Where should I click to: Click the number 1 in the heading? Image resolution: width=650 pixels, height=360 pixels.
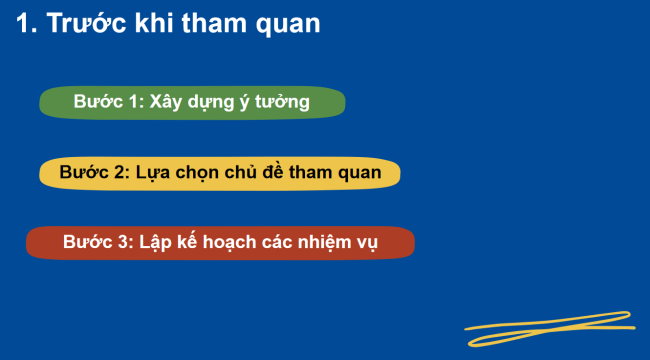point(24,25)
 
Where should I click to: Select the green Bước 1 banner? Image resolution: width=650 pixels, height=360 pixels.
point(192,102)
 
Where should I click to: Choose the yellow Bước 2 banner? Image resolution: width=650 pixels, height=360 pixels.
point(220,173)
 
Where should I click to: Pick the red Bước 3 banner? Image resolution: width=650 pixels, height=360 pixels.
point(220,243)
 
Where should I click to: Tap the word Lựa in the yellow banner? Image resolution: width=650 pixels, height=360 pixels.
point(157,173)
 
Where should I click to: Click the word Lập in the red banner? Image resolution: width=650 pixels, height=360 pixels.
point(158,243)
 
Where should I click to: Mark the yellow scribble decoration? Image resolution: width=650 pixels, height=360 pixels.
point(550,328)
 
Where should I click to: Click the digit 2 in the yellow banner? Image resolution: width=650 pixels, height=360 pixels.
point(121,173)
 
